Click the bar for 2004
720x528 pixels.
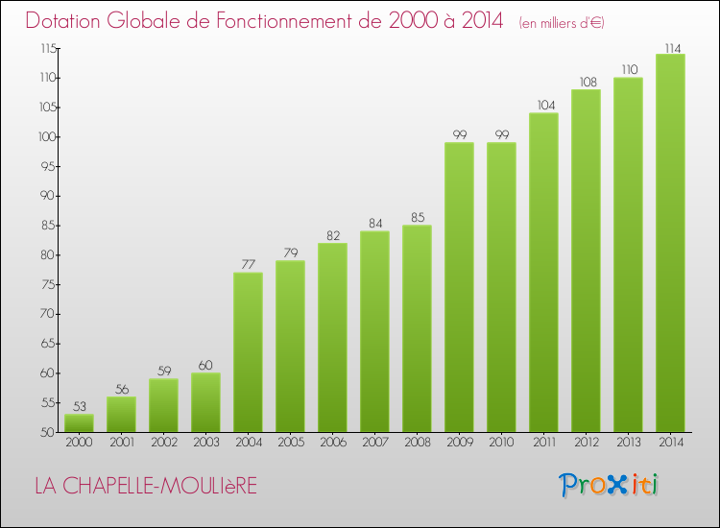248,352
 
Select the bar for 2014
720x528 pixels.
670,243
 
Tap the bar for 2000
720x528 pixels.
79,423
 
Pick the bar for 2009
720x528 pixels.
459,287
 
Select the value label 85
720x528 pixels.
417,218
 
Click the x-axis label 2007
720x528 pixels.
374,442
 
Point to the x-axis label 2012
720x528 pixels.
586,442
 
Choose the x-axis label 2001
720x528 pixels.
121,442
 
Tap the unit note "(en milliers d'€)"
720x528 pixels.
561,22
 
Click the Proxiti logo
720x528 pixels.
608,484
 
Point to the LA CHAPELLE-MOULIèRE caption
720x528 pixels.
146,486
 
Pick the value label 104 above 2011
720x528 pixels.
543,106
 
